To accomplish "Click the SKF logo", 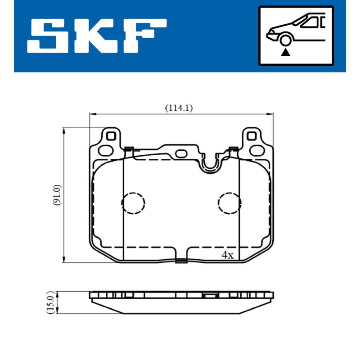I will (97, 35).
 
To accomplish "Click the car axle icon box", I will (296, 36).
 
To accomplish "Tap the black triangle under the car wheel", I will (285, 52).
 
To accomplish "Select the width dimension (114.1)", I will (178, 108).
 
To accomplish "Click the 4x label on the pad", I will (228, 255).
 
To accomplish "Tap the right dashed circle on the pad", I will (229, 203).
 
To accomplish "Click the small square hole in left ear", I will (112, 135).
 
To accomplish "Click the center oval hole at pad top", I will (181, 153).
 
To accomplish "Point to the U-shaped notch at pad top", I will (210, 164).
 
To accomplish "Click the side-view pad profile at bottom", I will (181, 301).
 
